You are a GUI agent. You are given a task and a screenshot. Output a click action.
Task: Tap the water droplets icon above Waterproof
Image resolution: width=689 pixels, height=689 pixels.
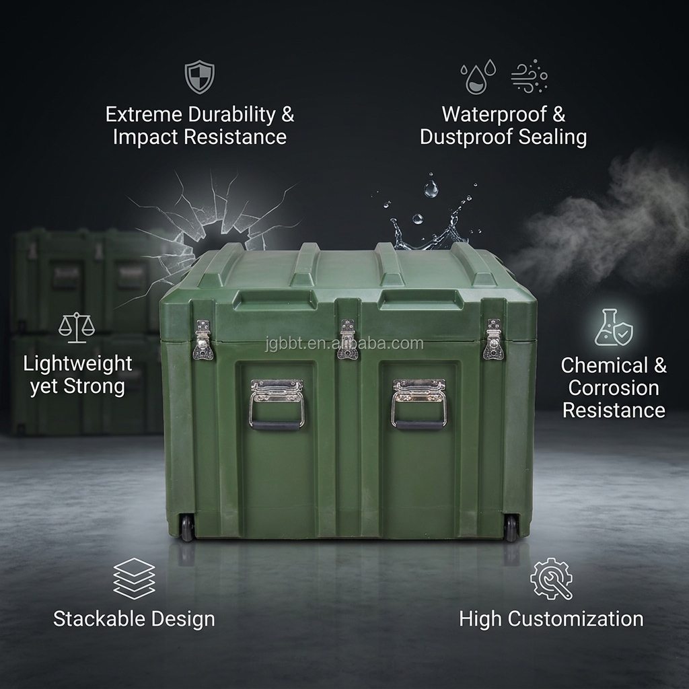(x=478, y=77)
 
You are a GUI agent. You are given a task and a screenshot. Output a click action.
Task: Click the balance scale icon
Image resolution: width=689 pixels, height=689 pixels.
(x=77, y=326)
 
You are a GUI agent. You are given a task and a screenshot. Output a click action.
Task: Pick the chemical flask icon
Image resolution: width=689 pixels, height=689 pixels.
(x=613, y=327)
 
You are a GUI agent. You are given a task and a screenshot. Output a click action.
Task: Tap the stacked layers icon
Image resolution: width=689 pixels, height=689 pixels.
(x=134, y=578)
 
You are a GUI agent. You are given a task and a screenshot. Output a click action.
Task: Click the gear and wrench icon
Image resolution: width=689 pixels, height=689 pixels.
(x=551, y=579)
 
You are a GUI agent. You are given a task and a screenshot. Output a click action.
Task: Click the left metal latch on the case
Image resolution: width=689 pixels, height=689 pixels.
(x=203, y=340)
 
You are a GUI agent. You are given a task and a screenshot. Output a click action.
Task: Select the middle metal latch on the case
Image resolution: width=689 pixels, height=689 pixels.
(x=347, y=340)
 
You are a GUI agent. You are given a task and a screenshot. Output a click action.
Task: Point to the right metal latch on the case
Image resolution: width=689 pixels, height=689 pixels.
(x=493, y=340)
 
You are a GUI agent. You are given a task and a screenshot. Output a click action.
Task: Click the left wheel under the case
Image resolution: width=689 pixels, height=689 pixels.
(x=187, y=528)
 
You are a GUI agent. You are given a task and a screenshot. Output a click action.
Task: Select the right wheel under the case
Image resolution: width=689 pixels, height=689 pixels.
(x=511, y=528)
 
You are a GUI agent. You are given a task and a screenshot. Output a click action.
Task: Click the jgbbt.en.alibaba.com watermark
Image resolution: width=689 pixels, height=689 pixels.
(x=344, y=344)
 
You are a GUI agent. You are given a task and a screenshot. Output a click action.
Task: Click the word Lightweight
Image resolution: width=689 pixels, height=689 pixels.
(x=77, y=364)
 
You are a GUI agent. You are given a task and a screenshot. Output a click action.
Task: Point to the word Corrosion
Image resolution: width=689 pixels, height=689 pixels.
(x=613, y=388)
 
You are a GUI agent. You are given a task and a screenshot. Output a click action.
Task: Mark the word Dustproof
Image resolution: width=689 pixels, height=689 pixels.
(x=467, y=137)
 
